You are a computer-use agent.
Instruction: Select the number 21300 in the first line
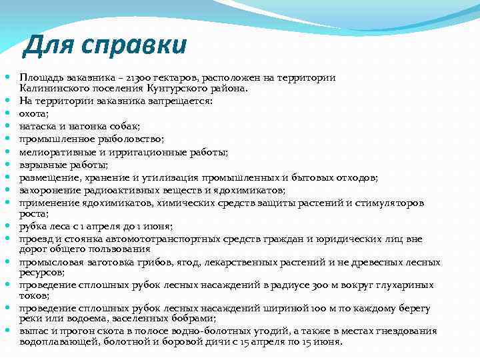[x=139, y=79]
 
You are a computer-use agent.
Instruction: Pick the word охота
[x=33, y=113]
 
